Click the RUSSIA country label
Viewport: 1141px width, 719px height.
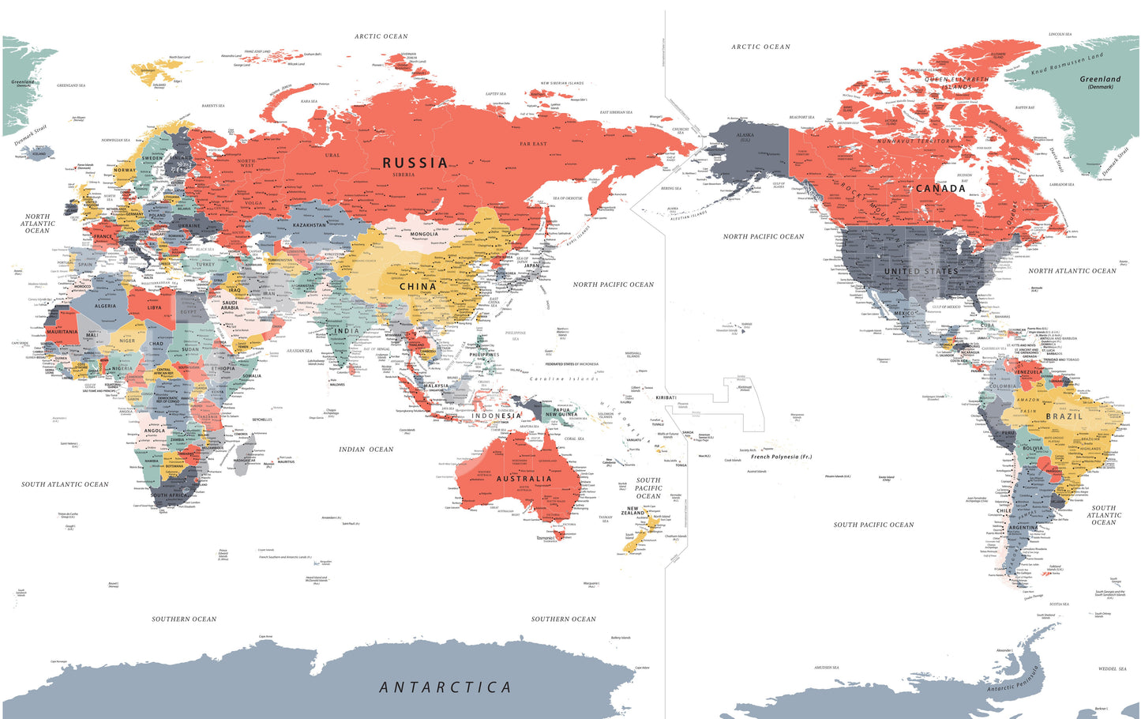[x=415, y=163]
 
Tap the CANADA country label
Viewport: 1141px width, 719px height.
[x=940, y=188]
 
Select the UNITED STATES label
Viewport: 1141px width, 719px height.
[x=921, y=271]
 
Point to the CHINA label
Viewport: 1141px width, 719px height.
[x=418, y=287]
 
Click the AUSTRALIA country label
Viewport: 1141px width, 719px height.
[x=524, y=479]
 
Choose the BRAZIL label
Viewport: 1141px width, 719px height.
[x=1064, y=416]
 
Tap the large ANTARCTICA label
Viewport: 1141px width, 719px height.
[x=445, y=687]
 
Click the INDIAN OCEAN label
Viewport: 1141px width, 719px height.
[x=366, y=450]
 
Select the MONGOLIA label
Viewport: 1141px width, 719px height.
[x=424, y=234]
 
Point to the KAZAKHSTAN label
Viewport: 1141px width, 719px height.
[x=310, y=225]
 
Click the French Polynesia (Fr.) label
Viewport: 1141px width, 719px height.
[x=781, y=457]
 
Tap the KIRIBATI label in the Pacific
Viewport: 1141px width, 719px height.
[x=666, y=397]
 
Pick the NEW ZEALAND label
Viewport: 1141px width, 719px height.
[x=636, y=511]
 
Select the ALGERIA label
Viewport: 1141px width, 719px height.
[x=105, y=306]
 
